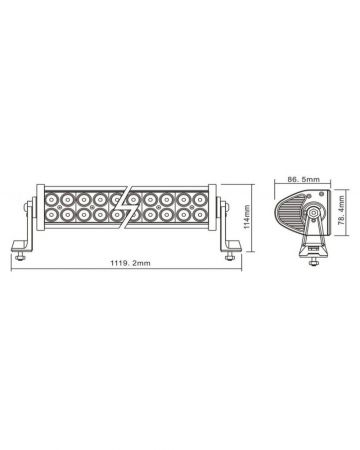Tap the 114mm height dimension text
[246, 219]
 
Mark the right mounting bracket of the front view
[226, 225]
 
